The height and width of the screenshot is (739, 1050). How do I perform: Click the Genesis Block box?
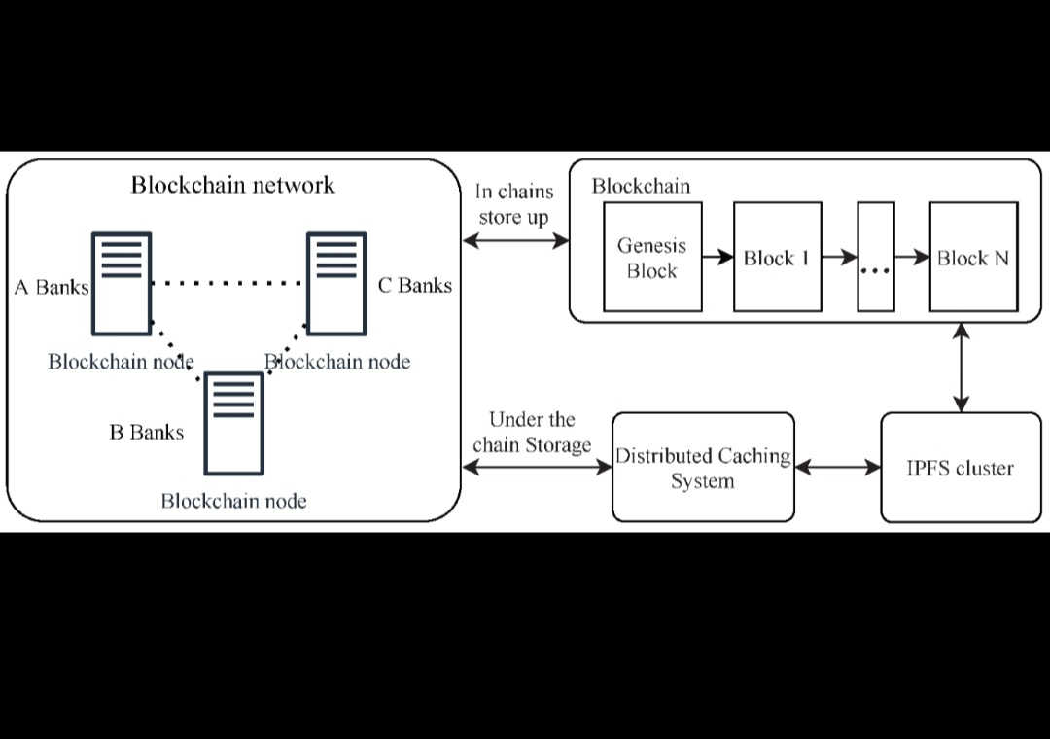[652, 258]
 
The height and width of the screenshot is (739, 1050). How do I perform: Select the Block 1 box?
[777, 258]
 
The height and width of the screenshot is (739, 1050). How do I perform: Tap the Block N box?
[973, 258]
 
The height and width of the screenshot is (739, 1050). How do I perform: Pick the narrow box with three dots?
[875, 258]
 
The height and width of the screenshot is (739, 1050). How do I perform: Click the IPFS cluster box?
[960, 468]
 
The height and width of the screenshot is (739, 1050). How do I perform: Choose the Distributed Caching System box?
[703, 468]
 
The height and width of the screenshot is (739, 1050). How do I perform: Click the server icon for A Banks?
[122, 282]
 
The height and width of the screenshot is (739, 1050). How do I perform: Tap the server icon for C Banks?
[336, 282]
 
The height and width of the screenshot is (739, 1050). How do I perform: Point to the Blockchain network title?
[232, 185]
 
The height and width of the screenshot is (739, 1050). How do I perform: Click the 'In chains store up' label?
[513, 204]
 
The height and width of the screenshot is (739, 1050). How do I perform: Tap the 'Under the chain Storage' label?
[532, 433]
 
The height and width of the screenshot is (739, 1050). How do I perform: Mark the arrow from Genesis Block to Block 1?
[717, 258]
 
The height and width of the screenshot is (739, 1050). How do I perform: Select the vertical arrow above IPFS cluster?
[962, 369]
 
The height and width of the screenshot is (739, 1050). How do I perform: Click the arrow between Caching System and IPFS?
[837, 468]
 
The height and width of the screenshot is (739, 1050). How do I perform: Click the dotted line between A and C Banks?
[229, 284]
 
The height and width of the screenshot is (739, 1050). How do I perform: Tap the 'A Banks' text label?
[51, 287]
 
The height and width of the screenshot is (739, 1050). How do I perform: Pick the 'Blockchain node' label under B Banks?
[233, 502]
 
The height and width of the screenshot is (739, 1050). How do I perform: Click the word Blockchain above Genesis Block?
[641, 186]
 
